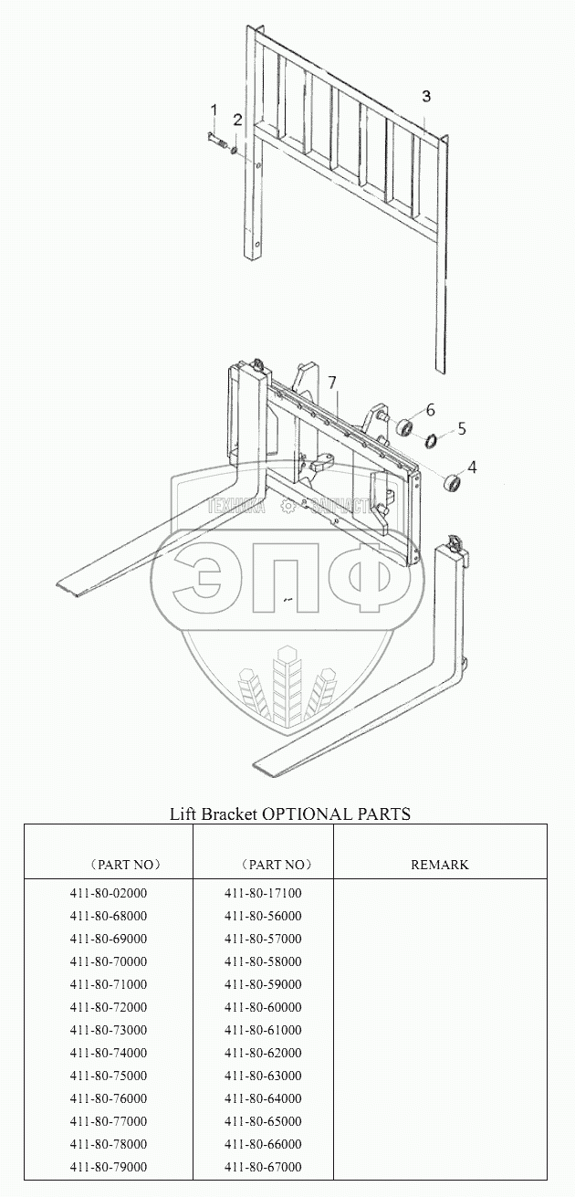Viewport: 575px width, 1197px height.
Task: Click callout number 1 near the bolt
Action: pyautogui.click(x=214, y=110)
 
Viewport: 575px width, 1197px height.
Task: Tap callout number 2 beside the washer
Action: pyautogui.click(x=237, y=120)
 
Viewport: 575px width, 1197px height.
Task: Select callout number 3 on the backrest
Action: pyautogui.click(x=426, y=97)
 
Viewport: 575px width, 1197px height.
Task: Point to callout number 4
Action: pyautogui.click(x=472, y=467)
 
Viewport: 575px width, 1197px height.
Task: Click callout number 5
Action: pyautogui.click(x=462, y=426)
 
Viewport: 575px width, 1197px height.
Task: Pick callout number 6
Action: pyautogui.click(x=430, y=408)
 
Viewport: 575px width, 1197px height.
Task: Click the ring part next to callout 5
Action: pyautogui.click(x=429, y=442)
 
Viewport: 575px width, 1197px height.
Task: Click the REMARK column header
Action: pyautogui.click(x=440, y=865)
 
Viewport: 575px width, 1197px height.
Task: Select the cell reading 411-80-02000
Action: pyautogui.click(x=108, y=893)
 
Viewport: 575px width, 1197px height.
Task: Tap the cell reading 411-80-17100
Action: pyautogui.click(x=263, y=893)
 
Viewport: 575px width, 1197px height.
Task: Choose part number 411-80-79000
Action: pyautogui.click(x=108, y=1167)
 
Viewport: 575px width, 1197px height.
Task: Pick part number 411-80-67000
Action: pyautogui.click(x=263, y=1167)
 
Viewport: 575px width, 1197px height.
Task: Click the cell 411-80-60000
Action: pyautogui.click(x=263, y=1007)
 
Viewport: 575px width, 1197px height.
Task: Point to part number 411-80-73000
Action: pyautogui.click(x=108, y=1030)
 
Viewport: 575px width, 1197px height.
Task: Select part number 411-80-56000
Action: pyautogui.click(x=263, y=916)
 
